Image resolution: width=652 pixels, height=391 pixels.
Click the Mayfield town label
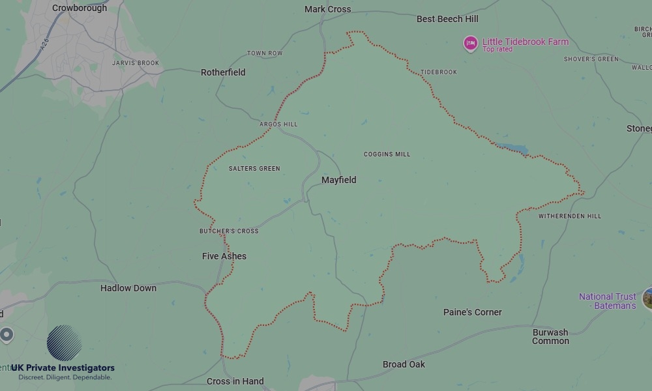(x=338, y=180)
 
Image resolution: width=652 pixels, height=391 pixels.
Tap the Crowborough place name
(x=79, y=8)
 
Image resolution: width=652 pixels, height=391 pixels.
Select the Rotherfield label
(x=223, y=72)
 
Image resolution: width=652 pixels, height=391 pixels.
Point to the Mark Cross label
(x=327, y=9)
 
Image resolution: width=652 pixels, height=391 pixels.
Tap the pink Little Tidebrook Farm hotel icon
(x=470, y=44)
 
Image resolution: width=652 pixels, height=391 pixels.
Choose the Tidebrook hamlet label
(x=439, y=72)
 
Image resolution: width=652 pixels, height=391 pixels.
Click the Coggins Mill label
(x=387, y=154)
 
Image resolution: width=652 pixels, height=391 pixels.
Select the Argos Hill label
(x=278, y=124)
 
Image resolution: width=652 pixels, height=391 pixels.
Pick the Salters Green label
(x=254, y=169)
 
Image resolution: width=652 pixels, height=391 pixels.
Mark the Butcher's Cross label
(x=229, y=231)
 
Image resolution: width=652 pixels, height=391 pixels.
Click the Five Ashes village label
(x=224, y=256)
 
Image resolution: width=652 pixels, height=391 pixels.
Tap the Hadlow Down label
(x=128, y=288)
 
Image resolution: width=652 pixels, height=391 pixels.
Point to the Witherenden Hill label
(x=570, y=216)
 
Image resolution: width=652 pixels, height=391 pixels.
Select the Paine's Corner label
(x=473, y=312)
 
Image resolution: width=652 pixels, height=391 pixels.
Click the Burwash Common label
(x=550, y=336)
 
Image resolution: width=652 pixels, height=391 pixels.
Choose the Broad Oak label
(x=404, y=364)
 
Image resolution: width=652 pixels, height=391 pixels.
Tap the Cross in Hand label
(x=235, y=381)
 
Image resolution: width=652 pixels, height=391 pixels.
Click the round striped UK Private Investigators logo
(x=65, y=343)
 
